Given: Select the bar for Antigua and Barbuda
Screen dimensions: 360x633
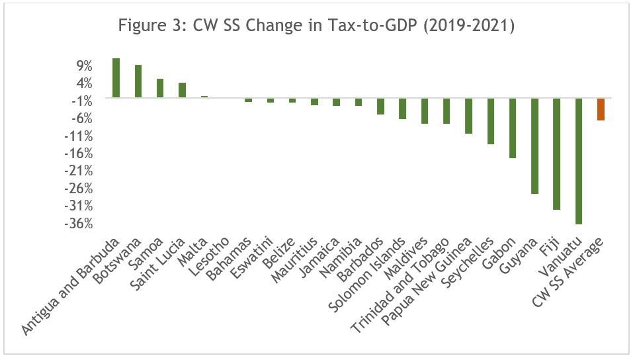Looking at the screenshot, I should pos(116,78).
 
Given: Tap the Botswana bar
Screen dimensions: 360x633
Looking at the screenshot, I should pos(138,81).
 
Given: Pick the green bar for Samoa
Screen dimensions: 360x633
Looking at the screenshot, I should pos(160,88).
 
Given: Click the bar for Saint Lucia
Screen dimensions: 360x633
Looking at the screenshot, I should pos(182,90).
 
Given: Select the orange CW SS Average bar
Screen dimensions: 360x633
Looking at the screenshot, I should pos(601,109).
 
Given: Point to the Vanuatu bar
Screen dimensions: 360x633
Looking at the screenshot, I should pos(579,161).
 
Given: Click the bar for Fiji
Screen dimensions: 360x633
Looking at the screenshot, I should pos(557,154).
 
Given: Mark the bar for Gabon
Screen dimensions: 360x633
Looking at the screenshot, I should pos(513,128).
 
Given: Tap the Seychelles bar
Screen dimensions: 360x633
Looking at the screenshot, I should pos(491,121).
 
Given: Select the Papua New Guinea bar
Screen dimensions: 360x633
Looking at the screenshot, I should pos(469,116).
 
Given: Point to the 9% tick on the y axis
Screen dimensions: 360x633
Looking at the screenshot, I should pos(82,66).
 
